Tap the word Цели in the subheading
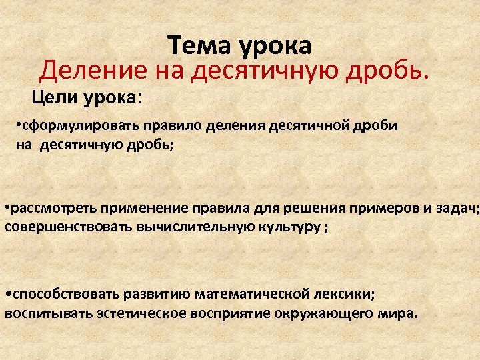[53, 98]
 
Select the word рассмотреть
[50, 207]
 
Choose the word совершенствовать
[69, 227]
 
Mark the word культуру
[281, 227]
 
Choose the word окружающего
[330, 313]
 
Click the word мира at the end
[397, 313]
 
